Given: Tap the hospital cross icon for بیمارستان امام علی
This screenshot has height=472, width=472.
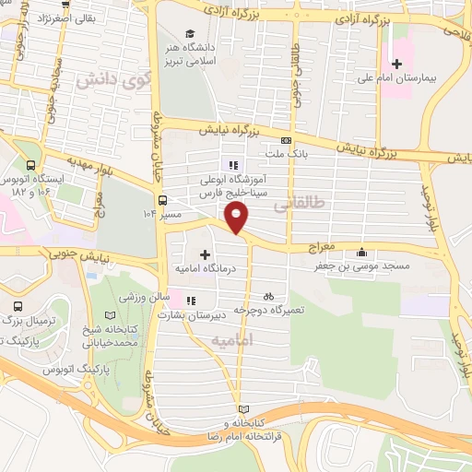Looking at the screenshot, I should coord(396,64).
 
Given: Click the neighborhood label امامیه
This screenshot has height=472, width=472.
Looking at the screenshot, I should coord(231,340).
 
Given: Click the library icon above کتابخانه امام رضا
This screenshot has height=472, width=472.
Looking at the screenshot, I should coord(243,409).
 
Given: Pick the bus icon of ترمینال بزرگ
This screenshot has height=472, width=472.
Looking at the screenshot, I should coord(14,304).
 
